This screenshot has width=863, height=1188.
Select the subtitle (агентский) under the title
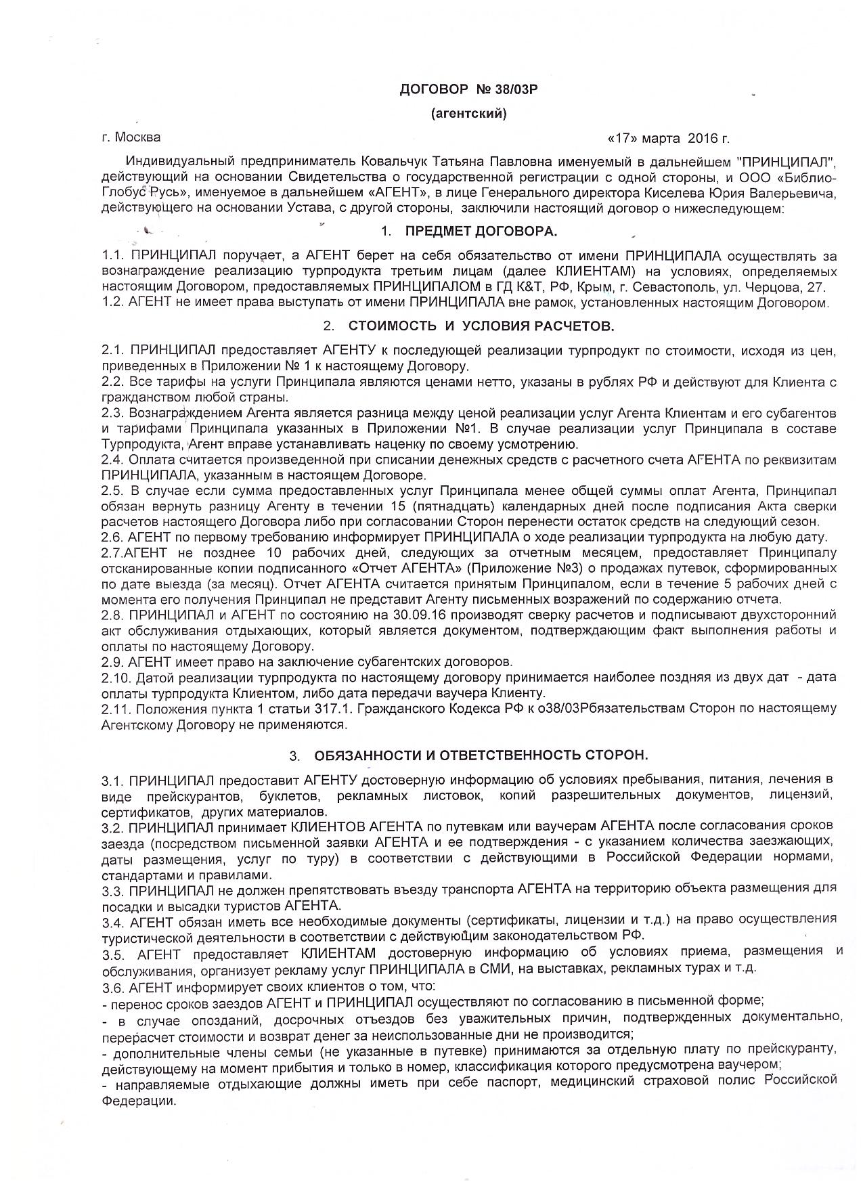[x=468, y=114]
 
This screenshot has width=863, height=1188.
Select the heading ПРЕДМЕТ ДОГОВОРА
[x=481, y=232]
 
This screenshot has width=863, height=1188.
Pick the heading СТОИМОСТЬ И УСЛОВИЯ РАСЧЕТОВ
[x=481, y=326]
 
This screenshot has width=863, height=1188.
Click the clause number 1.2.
[x=113, y=303]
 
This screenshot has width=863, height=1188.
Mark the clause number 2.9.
[x=112, y=661]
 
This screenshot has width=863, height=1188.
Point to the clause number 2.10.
[x=116, y=677]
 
